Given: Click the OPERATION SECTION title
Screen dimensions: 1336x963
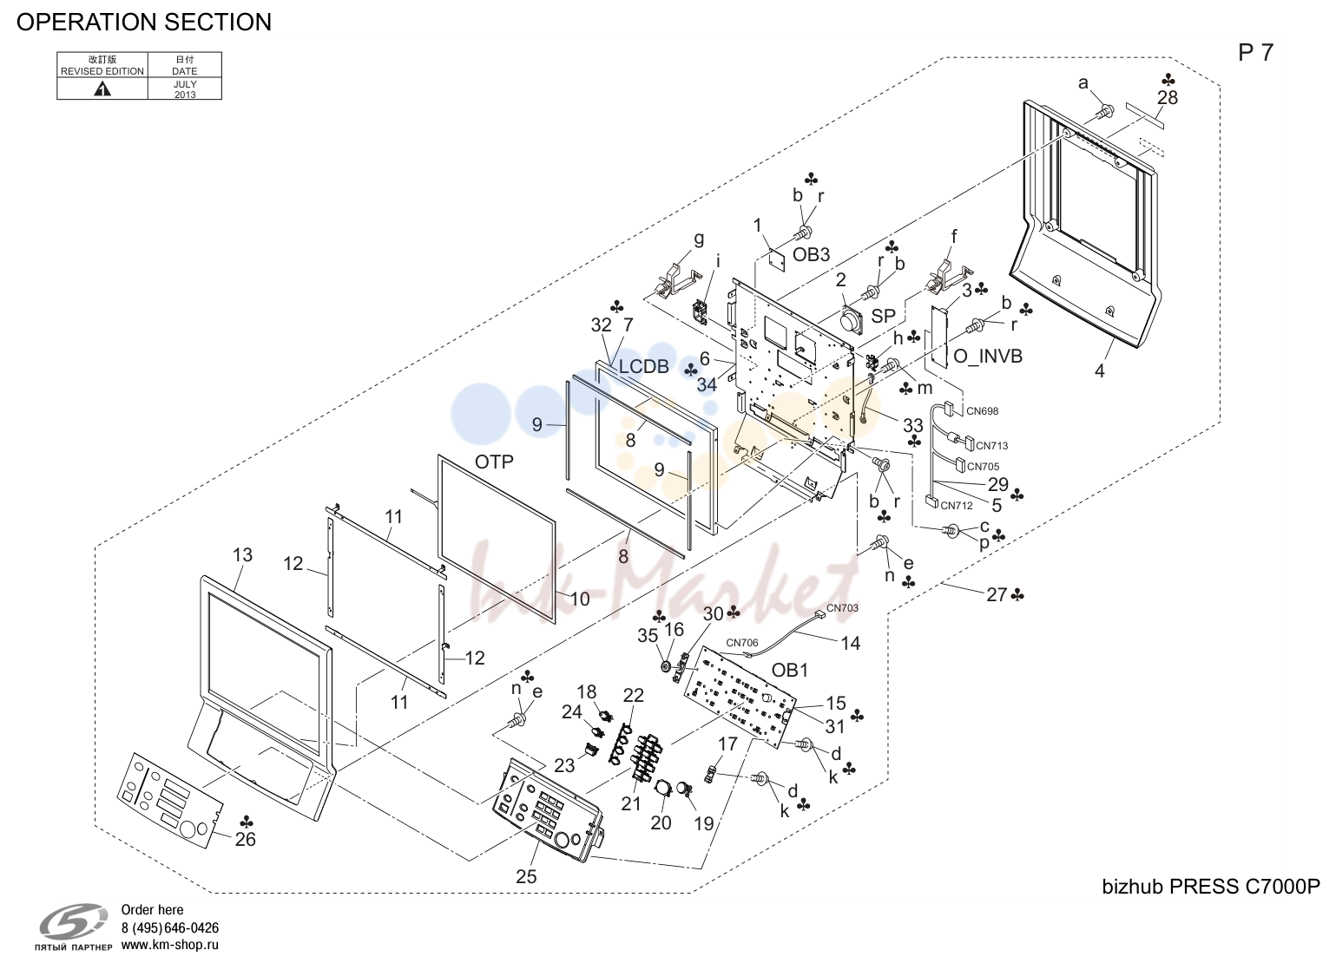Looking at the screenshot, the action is click(144, 22).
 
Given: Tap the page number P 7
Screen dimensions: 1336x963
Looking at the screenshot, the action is click(1255, 53).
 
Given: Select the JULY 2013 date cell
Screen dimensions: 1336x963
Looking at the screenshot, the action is click(185, 89).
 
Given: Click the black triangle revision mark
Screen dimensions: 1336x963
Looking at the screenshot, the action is click(102, 89).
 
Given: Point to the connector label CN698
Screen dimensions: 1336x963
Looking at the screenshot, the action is click(983, 411).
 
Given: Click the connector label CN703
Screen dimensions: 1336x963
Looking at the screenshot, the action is click(842, 608).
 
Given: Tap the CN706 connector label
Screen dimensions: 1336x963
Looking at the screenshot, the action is click(742, 643).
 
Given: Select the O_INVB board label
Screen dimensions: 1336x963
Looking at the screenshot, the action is click(988, 357).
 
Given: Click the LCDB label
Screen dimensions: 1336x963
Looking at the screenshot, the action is click(643, 366).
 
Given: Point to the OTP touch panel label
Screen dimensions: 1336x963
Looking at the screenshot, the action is click(494, 462).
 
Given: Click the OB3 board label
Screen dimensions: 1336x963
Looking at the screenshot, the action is click(811, 255).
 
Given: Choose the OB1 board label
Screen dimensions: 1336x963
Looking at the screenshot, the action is click(790, 671).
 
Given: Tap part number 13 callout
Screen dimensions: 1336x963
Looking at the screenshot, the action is click(243, 554).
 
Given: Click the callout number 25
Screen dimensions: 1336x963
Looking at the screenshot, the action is click(527, 876).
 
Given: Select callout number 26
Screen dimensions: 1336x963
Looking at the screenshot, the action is click(245, 840).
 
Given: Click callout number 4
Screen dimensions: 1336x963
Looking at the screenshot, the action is click(1100, 371).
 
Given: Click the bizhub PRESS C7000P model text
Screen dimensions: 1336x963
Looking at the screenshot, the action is click(1211, 888).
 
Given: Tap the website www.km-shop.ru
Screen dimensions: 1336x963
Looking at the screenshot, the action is click(170, 945).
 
